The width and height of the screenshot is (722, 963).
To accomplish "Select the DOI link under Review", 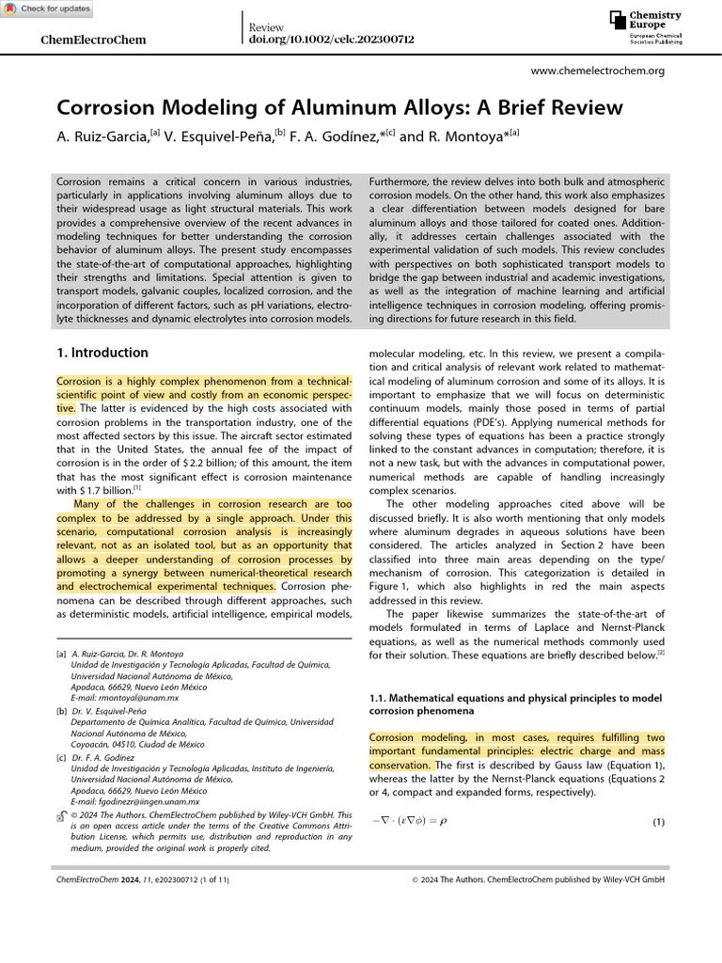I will (x=331, y=39).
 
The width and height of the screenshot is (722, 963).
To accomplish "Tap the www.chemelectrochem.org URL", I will (x=598, y=71).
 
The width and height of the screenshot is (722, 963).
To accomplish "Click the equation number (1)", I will (x=658, y=822).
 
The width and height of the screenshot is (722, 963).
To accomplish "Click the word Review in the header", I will (x=265, y=27).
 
